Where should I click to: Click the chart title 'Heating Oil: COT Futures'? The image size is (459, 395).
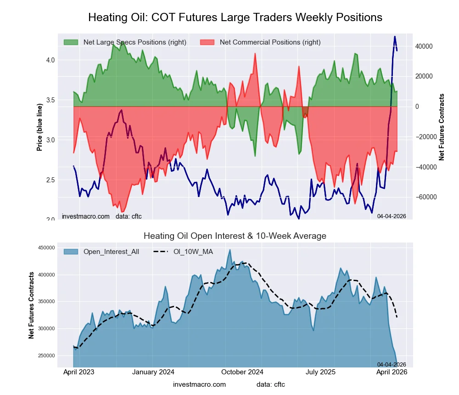point(235,17)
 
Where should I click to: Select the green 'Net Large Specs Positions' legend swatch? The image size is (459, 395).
point(71,42)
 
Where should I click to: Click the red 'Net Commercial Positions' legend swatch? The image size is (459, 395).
point(207,42)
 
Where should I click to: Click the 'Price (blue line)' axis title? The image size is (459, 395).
point(40,127)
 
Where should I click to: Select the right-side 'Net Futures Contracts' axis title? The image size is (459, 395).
point(442,127)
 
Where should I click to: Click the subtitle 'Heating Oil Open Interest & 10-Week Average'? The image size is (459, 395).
point(235,236)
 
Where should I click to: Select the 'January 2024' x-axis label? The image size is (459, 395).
point(153,372)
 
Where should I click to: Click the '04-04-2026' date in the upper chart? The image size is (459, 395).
point(391,216)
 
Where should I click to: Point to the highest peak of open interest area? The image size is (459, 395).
point(230,250)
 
